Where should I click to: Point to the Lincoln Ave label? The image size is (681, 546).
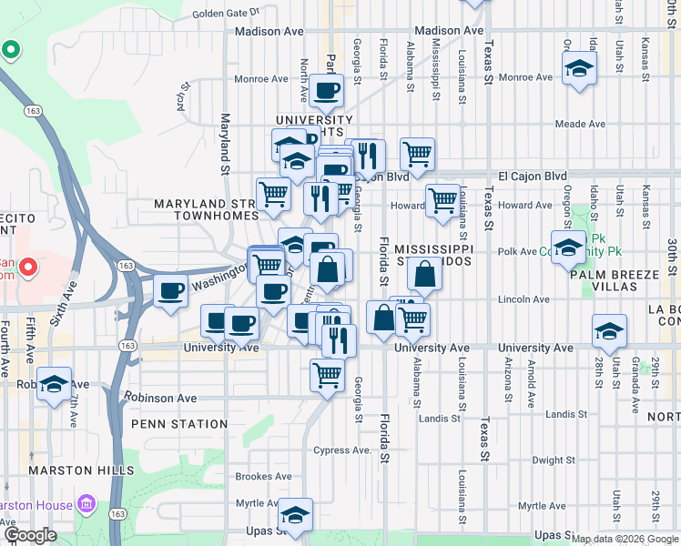tap(524, 299)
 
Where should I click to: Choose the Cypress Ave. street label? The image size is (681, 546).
tap(342, 450)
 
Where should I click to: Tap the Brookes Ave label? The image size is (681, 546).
tap(263, 476)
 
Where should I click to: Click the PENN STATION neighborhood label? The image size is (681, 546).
tap(179, 424)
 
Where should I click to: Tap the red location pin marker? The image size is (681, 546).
tap(27, 268)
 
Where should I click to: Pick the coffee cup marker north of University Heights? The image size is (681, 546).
tap(327, 90)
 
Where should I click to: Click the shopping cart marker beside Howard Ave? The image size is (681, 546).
tap(442, 200)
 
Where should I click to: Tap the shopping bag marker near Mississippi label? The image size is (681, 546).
tap(424, 273)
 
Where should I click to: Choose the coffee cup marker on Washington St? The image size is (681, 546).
tap(170, 291)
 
